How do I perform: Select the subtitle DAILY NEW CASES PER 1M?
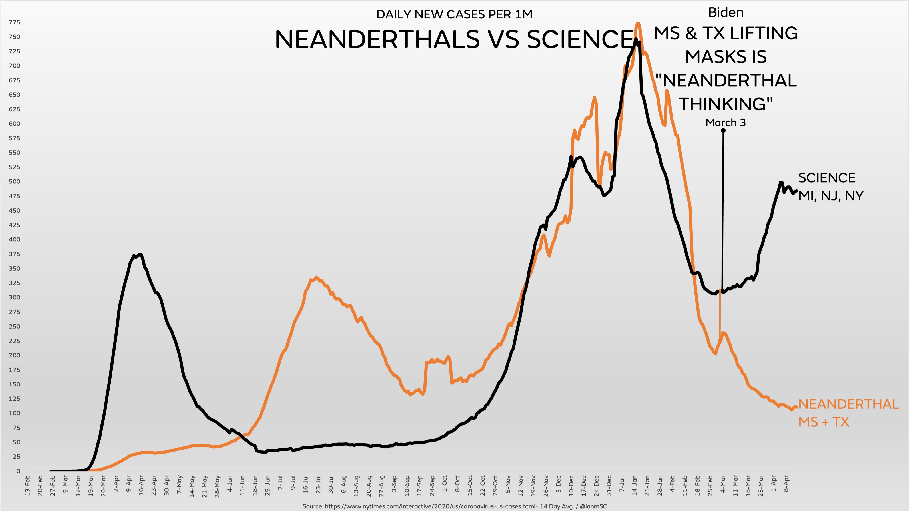click(x=454, y=14)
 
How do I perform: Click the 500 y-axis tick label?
click(x=14, y=181)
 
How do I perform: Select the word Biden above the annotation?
click(x=726, y=13)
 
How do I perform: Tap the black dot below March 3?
click(x=723, y=131)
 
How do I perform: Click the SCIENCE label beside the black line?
click(x=827, y=178)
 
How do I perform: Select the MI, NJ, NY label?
click(x=831, y=196)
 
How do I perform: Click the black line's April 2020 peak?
click(x=141, y=254)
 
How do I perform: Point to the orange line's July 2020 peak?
click(x=316, y=277)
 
